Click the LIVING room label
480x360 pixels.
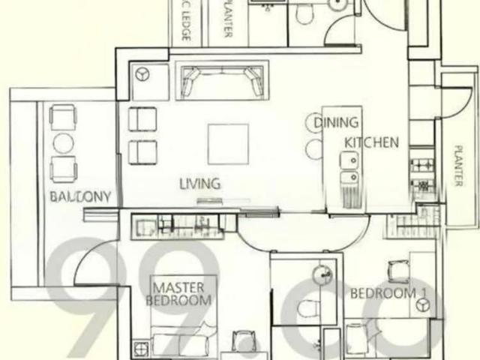pos(199,183)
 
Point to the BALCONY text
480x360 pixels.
pos(81,197)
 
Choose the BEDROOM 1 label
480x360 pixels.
pos(383,292)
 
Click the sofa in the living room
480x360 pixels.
pos(220,80)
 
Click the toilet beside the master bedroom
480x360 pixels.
pos(307,307)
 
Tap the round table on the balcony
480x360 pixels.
pos(63,142)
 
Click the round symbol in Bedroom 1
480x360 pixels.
pos(423,304)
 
